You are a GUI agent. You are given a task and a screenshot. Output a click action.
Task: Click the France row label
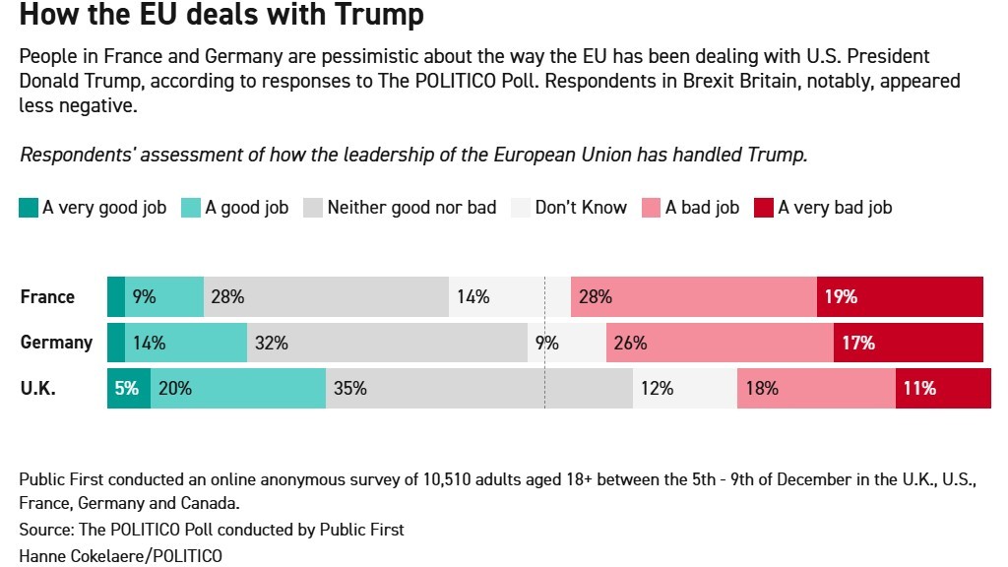[47, 296]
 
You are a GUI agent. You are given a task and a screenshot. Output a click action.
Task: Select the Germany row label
[56, 343]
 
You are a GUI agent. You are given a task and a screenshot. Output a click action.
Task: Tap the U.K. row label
[38, 389]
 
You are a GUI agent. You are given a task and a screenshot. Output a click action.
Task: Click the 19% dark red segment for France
[900, 296]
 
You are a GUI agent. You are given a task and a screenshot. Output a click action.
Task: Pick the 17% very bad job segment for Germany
[908, 343]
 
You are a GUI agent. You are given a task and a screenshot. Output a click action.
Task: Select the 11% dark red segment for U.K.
[942, 389]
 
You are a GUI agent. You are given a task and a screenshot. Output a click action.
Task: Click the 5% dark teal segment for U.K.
[128, 389]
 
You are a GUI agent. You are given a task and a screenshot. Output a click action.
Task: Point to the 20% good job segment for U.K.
[238, 389]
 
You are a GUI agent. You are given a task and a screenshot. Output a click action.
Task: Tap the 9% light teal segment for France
[164, 296]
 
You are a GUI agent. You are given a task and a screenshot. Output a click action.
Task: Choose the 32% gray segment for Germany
[387, 343]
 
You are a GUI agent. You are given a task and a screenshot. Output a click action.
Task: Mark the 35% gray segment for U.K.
[478, 389]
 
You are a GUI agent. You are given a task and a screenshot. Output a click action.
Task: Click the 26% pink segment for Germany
[720, 343]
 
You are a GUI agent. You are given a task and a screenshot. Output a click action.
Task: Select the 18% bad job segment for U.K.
[816, 389]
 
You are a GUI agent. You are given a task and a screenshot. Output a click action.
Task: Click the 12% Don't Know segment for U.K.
[684, 389]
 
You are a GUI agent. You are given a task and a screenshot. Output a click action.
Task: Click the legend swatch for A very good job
[29, 208]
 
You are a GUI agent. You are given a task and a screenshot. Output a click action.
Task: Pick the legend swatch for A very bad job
[764, 208]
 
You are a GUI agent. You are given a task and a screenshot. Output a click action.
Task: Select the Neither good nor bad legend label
[411, 208]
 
